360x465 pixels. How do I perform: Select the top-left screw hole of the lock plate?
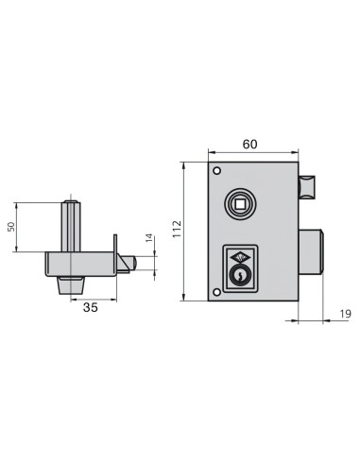216,171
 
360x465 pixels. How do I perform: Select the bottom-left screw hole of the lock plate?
216,291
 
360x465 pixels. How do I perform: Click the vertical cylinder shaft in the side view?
70,225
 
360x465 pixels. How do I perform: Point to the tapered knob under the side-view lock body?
69,284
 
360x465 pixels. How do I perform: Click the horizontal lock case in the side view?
80,263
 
